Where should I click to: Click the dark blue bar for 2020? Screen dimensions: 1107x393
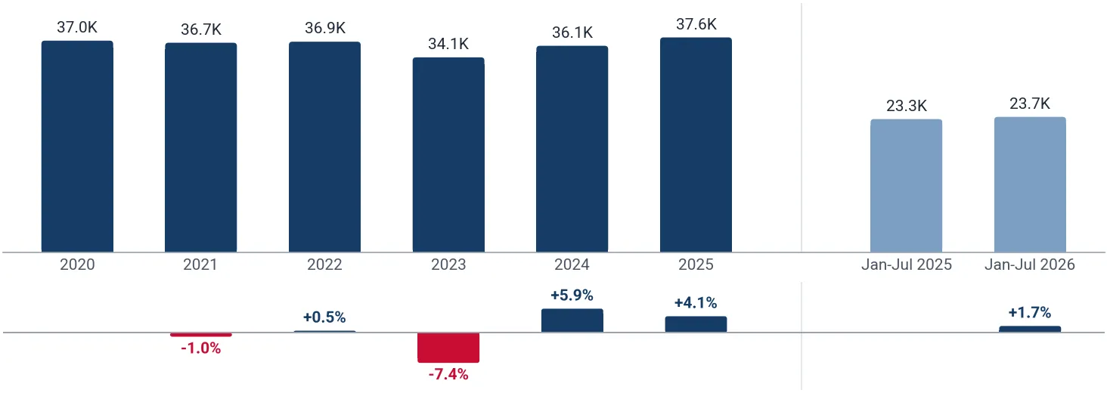(x=77, y=147)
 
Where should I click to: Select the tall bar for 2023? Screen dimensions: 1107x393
(x=448, y=155)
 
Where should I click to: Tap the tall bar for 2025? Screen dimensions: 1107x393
(x=696, y=145)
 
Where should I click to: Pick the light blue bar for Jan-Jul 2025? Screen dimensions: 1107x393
(x=907, y=186)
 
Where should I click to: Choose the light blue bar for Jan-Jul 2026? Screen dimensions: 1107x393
(x=1030, y=184)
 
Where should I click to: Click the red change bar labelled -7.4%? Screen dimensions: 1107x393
(x=448, y=348)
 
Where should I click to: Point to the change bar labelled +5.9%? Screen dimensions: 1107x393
(x=572, y=320)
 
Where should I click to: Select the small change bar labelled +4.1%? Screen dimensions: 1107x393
(x=696, y=324)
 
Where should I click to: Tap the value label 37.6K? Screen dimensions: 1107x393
(x=696, y=24)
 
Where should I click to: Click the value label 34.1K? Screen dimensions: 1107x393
(x=448, y=44)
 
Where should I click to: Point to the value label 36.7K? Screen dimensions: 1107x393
(x=201, y=29)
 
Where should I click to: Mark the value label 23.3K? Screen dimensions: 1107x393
(x=907, y=106)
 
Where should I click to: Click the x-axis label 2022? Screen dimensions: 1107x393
(x=324, y=265)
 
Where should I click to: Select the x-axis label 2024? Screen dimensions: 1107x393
(x=572, y=265)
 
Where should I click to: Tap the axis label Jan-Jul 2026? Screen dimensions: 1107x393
(x=1030, y=265)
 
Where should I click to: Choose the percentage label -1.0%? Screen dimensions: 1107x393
(x=200, y=348)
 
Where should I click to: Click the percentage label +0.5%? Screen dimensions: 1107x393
(x=324, y=317)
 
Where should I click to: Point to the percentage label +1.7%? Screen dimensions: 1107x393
(x=1029, y=313)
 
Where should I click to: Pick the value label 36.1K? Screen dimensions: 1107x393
(x=572, y=32)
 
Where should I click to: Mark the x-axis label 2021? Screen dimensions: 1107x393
(x=200, y=265)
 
